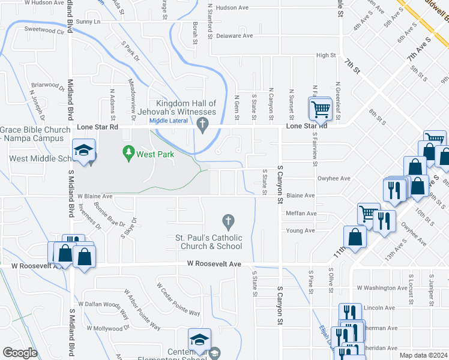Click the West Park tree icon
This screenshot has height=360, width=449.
(x=128, y=154)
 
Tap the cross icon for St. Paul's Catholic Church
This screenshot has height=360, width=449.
(x=228, y=222)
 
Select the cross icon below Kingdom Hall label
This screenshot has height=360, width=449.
(x=203, y=124)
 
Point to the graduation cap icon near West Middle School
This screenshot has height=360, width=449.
(x=84, y=150)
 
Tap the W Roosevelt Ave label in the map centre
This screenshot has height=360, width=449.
(x=214, y=263)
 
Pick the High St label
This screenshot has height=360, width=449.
(x=325, y=55)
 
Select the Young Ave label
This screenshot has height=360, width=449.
(x=301, y=230)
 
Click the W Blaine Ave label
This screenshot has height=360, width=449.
(x=95, y=196)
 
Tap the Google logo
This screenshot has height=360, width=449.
(x=20, y=353)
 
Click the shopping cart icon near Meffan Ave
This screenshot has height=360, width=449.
(x=368, y=212)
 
